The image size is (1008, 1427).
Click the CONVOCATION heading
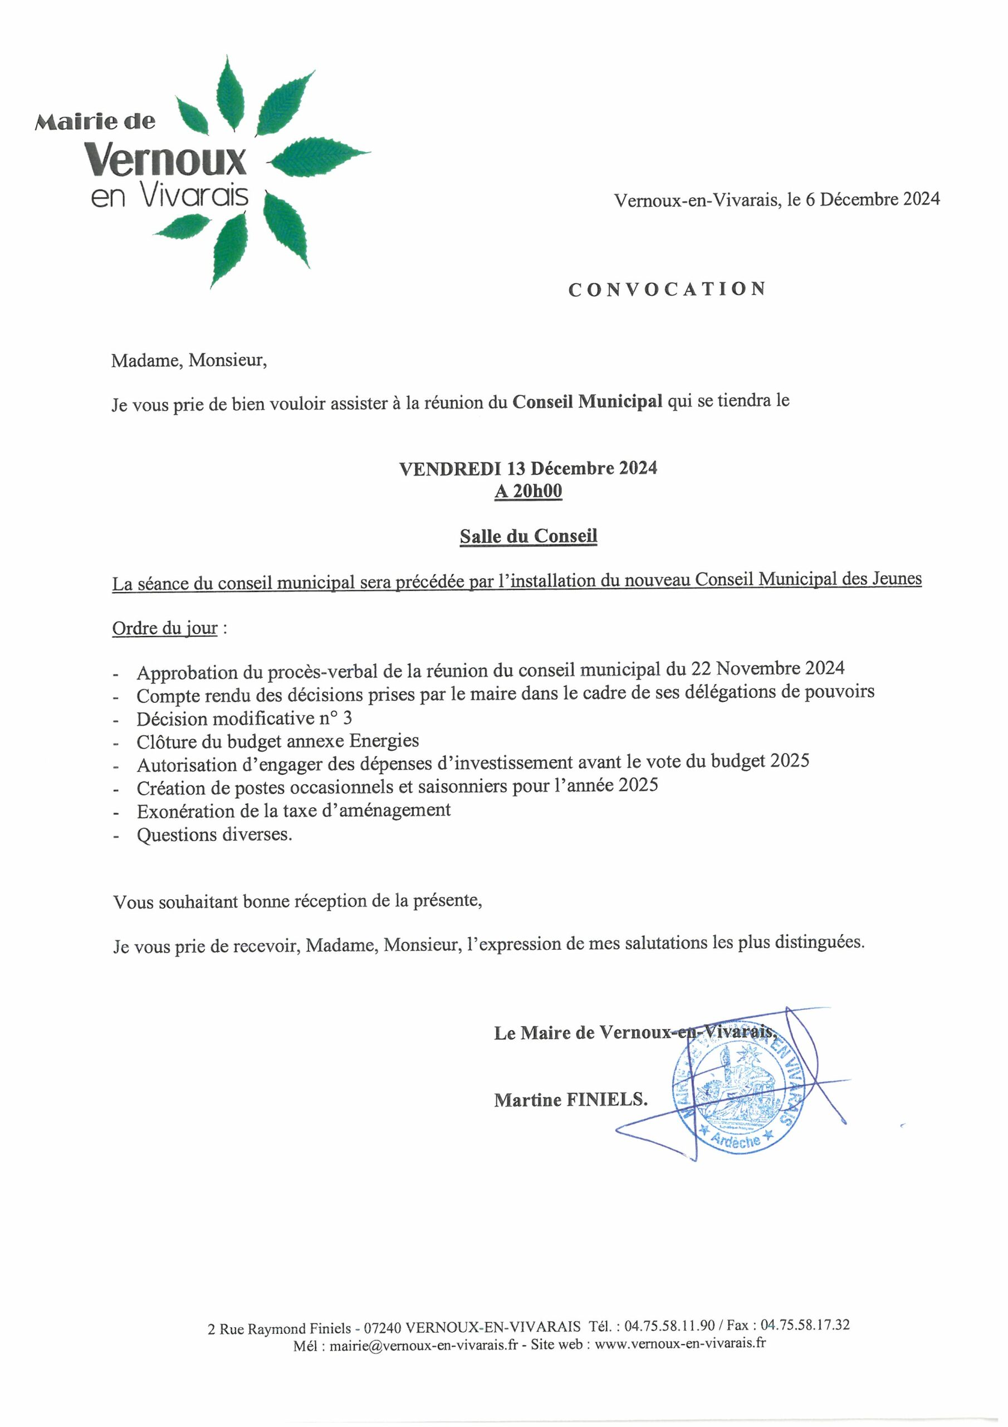click(x=667, y=290)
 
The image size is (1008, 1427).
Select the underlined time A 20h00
click(x=528, y=491)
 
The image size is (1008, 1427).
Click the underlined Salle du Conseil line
click(x=528, y=536)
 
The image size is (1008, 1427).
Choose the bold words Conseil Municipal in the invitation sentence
click(x=587, y=402)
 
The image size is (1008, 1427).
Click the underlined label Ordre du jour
click(x=165, y=628)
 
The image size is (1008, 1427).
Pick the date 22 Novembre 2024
click(x=767, y=669)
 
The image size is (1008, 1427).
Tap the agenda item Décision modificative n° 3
click(x=244, y=719)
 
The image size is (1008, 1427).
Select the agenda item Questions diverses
click(x=214, y=834)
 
